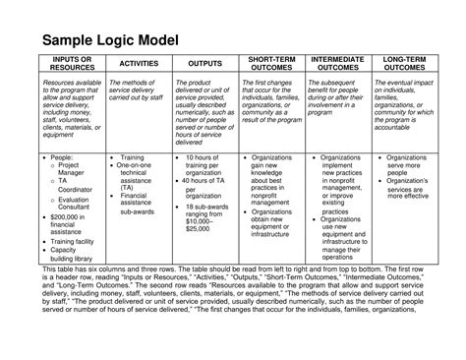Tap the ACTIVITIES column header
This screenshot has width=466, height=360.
coord(135,65)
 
